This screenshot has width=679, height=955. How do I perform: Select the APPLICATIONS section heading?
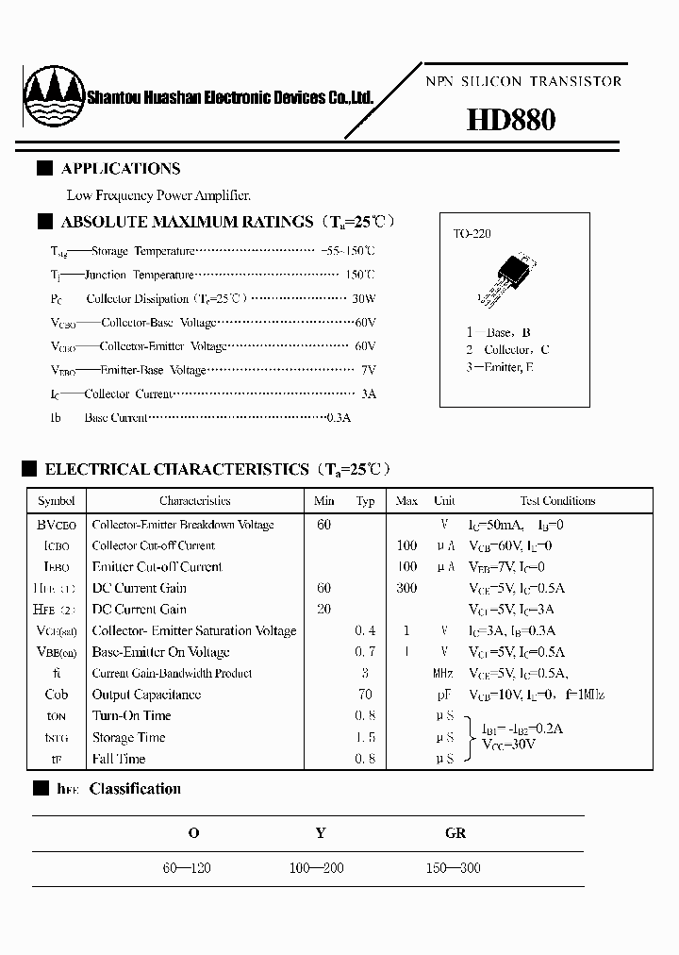click(x=120, y=169)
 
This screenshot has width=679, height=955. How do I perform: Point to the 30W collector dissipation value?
click(x=363, y=298)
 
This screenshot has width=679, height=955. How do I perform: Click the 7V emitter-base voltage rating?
click(x=368, y=370)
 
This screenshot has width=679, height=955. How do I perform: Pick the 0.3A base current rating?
click(x=337, y=417)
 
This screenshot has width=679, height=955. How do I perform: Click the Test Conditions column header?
click(x=557, y=501)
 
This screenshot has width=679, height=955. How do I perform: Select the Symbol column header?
click(x=56, y=501)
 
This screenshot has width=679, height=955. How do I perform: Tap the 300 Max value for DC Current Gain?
click(x=406, y=588)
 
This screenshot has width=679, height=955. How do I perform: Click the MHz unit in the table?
click(x=443, y=674)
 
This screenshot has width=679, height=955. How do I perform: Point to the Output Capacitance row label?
click(x=146, y=695)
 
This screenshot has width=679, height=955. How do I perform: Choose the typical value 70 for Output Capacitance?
click(x=365, y=695)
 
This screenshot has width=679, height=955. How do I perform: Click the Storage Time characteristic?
click(x=128, y=737)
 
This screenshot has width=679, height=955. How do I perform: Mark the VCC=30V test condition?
click(x=508, y=745)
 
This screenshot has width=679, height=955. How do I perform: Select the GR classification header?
click(x=455, y=833)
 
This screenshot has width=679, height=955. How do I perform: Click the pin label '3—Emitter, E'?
click(x=499, y=367)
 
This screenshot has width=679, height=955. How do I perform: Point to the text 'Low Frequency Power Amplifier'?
click(x=158, y=195)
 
